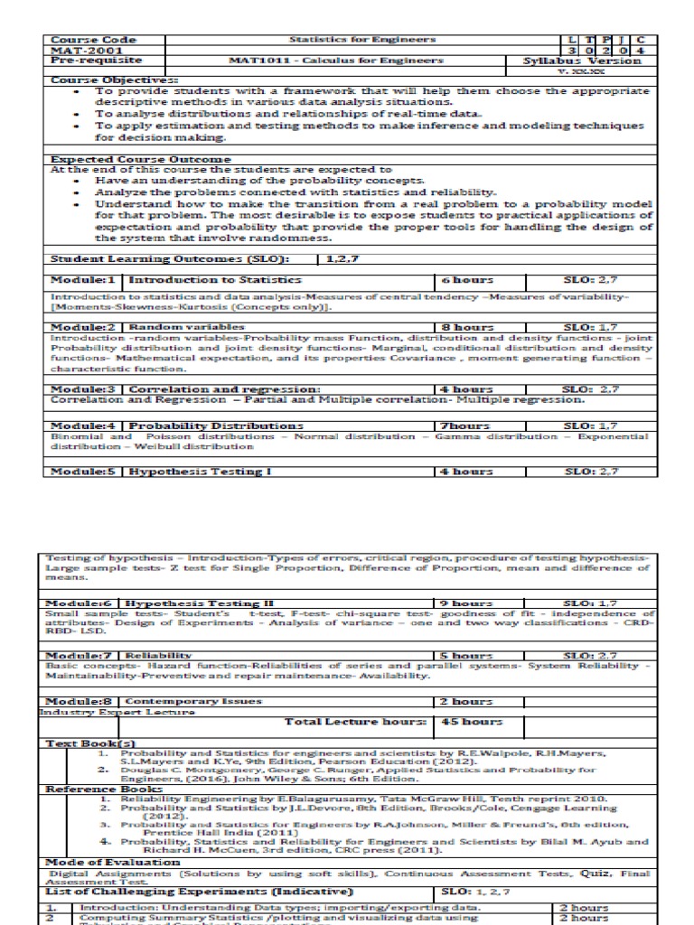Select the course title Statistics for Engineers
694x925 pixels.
tap(361, 40)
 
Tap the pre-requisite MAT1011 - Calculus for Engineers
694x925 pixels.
tap(361, 61)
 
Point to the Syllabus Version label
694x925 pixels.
tap(582, 61)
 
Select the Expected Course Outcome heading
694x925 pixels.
tap(134, 159)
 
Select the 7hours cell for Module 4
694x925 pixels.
tap(464, 425)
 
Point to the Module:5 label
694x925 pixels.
tap(83, 471)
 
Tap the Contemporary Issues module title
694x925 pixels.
tap(193, 700)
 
